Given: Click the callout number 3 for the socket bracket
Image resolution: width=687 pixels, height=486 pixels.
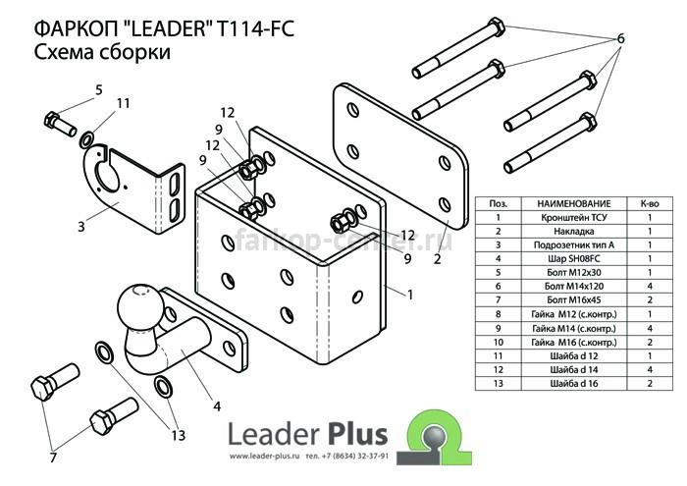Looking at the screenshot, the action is (81, 227).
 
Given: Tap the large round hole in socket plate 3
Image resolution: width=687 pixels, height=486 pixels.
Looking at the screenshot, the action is (106, 176).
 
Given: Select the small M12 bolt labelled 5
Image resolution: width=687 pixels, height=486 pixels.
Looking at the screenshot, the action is (60, 124).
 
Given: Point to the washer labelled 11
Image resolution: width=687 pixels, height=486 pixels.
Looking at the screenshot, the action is (86, 139).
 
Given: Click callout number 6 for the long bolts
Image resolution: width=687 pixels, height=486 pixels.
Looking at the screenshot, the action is (620, 38).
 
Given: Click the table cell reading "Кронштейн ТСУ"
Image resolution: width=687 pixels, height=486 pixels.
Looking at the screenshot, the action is (573, 217).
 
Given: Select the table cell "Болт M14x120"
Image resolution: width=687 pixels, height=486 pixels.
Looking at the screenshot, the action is (573, 287).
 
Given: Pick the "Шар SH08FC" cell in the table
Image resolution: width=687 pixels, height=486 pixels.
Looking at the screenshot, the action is (573, 259).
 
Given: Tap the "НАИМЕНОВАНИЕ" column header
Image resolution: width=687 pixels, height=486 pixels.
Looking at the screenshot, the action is (573, 204).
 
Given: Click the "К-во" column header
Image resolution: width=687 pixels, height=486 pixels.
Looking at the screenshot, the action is (650, 204).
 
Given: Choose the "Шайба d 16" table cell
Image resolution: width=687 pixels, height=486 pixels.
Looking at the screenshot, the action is (573, 384).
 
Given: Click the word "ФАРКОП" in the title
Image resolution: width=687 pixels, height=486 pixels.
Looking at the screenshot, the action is (76, 29).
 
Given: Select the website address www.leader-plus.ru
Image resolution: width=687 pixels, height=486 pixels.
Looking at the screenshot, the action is (264, 457).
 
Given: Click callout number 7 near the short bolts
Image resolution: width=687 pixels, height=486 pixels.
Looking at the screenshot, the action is (53, 458).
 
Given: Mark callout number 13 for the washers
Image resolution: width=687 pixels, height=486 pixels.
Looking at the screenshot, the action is (178, 436).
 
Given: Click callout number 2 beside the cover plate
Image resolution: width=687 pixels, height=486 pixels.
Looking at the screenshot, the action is (437, 259).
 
